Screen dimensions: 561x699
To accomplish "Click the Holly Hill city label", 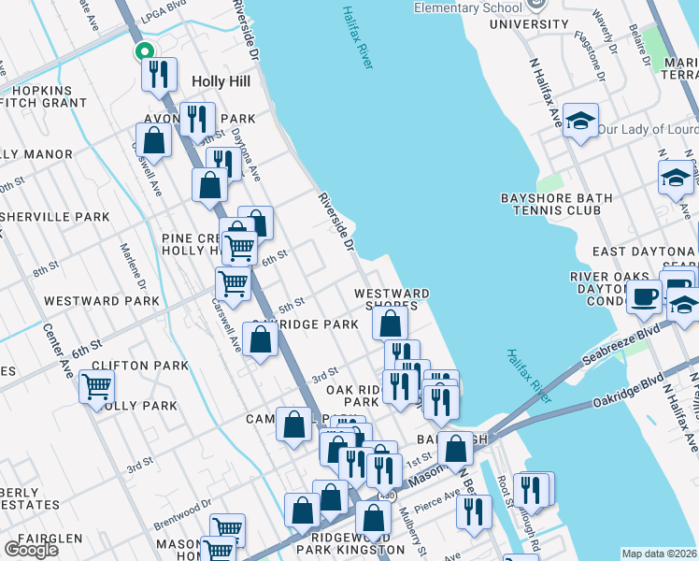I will [x=221, y=81].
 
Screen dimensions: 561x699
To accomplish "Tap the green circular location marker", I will [x=143, y=52].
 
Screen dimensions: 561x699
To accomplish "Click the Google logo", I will [x=31, y=550].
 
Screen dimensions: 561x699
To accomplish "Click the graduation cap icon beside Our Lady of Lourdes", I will [x=580, y=121].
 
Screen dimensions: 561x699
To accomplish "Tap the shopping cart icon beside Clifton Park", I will [x=96, y=385].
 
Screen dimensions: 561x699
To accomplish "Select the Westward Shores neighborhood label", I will [x=392, y=300].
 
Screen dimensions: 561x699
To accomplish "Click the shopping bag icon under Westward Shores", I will [x=390, y=324].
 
